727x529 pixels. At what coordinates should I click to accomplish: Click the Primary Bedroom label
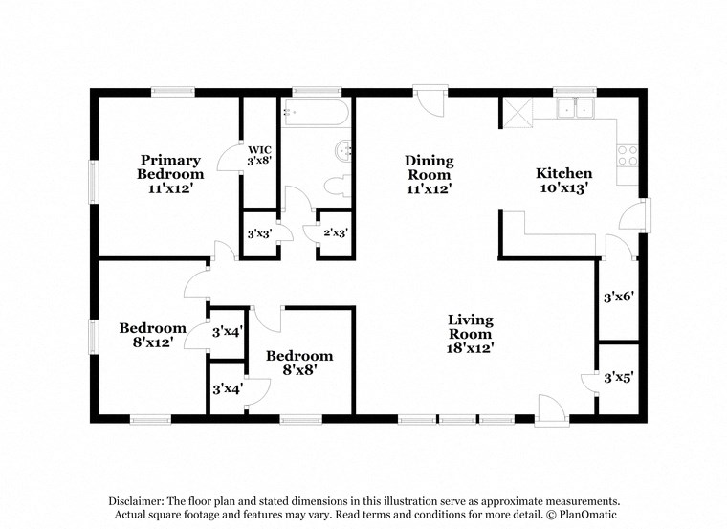coord(170,174)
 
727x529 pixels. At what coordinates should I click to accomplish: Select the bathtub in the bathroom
coord(315,114)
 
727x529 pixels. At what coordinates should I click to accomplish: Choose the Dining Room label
coord(429,174)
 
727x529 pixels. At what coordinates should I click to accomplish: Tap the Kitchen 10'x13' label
coord(563,181)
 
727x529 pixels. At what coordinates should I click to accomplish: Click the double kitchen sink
coord(576,110)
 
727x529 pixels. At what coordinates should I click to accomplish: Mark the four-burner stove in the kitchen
coord(628,155)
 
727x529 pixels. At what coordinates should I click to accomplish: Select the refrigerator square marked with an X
coord(518,113)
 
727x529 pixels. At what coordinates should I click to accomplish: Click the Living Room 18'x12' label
coord(471,334)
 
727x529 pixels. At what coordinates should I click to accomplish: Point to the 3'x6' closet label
coord(619,297)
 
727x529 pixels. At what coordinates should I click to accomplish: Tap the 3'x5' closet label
coord(619,378)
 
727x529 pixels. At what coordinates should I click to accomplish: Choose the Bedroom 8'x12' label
coord(152,335)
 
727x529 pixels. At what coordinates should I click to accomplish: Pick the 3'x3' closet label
coord(259,233)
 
